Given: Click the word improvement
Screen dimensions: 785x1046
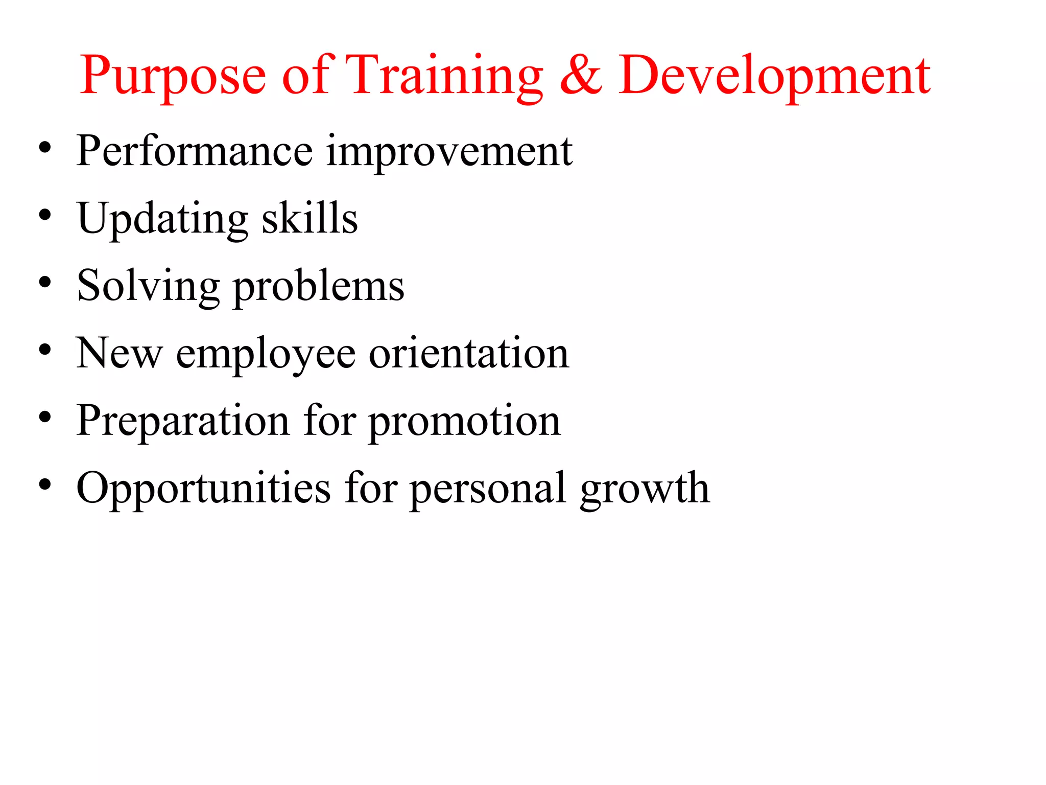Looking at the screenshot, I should click(x=449, y=152).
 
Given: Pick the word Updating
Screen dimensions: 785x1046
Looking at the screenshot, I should click(x=162, y=219).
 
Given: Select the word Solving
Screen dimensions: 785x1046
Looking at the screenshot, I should click(x=148, y=286).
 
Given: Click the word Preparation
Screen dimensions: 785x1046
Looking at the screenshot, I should click(x=183, y=421).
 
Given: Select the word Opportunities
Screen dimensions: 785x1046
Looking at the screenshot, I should click(x=203, y=489).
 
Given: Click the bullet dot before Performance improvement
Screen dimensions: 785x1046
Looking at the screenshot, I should click(x=45, y=148).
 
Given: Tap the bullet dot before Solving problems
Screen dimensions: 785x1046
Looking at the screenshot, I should click(x=45, y=283).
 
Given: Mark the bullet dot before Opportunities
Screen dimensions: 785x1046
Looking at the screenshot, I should click(x=45, y=484).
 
